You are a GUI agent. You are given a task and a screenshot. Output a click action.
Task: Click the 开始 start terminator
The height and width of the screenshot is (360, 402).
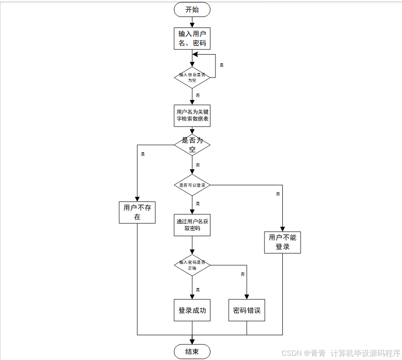[192, 10]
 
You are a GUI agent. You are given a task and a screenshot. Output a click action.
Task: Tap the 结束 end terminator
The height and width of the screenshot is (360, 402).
[192, 352]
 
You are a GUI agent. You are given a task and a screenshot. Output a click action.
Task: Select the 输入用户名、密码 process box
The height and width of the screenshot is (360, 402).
[192, 39]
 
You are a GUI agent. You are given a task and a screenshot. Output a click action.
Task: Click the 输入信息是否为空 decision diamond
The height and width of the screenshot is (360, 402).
[192, 77]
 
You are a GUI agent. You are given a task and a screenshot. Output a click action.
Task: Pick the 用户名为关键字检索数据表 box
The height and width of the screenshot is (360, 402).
[192, 115]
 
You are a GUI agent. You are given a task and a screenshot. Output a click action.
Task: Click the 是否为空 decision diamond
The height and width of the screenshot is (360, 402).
[192, 145]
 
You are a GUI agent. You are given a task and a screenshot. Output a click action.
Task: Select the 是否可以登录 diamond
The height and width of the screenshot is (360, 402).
[192, 185]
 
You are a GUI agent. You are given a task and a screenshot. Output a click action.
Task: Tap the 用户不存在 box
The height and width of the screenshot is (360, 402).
[137, 212]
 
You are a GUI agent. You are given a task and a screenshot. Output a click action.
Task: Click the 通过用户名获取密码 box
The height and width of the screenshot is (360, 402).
[192, 225]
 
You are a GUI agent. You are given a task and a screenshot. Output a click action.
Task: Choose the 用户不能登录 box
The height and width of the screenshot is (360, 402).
[282, 242]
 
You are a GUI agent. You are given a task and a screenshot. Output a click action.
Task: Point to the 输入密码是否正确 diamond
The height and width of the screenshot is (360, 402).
[192, 265]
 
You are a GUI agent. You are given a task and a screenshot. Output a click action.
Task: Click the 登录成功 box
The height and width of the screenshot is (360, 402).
[192, 310]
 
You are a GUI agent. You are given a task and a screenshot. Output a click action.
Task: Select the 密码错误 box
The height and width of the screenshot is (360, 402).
[247, 310]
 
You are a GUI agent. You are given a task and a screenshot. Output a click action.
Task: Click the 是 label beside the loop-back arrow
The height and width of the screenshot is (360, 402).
[222, 65]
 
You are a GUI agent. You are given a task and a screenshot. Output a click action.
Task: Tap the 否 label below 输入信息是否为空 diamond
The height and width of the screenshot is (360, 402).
[198, 95]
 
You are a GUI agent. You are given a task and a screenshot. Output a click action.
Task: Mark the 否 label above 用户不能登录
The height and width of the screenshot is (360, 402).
[278, 194]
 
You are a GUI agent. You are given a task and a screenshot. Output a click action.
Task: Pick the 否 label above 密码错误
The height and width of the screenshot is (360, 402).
[242, 274]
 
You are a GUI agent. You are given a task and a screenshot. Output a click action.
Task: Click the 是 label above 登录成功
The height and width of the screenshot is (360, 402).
[198, 290]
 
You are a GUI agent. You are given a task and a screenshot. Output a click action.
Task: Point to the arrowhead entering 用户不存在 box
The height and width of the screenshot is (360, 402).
[137, 198]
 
